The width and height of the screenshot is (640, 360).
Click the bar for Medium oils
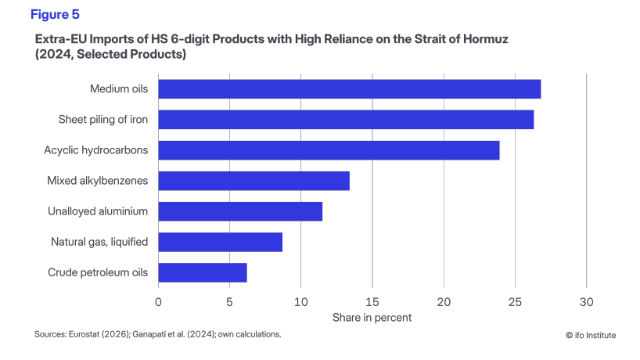tap(349, 89)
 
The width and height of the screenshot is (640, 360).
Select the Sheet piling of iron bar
tap(346, 120)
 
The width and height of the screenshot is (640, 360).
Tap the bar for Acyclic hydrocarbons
tap(329, 150)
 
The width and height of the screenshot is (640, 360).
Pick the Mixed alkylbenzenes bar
tap(253, 181)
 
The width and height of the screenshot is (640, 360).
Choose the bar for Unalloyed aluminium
tap(240, 211)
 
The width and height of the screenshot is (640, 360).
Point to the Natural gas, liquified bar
tap(220, 242)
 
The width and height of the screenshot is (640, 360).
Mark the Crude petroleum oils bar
tap(203, 272)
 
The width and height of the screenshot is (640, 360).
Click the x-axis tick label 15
tap(372, 302)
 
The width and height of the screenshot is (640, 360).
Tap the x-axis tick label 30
tap(586, 302)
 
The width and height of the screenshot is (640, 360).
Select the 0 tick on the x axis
tap(159, 302)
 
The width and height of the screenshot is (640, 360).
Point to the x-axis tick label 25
tap(515, 302)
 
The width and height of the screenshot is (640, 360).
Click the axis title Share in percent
tap(372, 317)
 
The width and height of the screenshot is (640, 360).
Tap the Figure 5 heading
tap(55, 14)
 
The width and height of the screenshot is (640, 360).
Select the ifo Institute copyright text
tap(591, 335)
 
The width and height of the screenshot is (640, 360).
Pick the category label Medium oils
tap(119, 89)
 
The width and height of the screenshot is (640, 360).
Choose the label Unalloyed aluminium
tap(98, 211)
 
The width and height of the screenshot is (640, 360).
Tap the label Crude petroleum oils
tap(98, 272)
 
